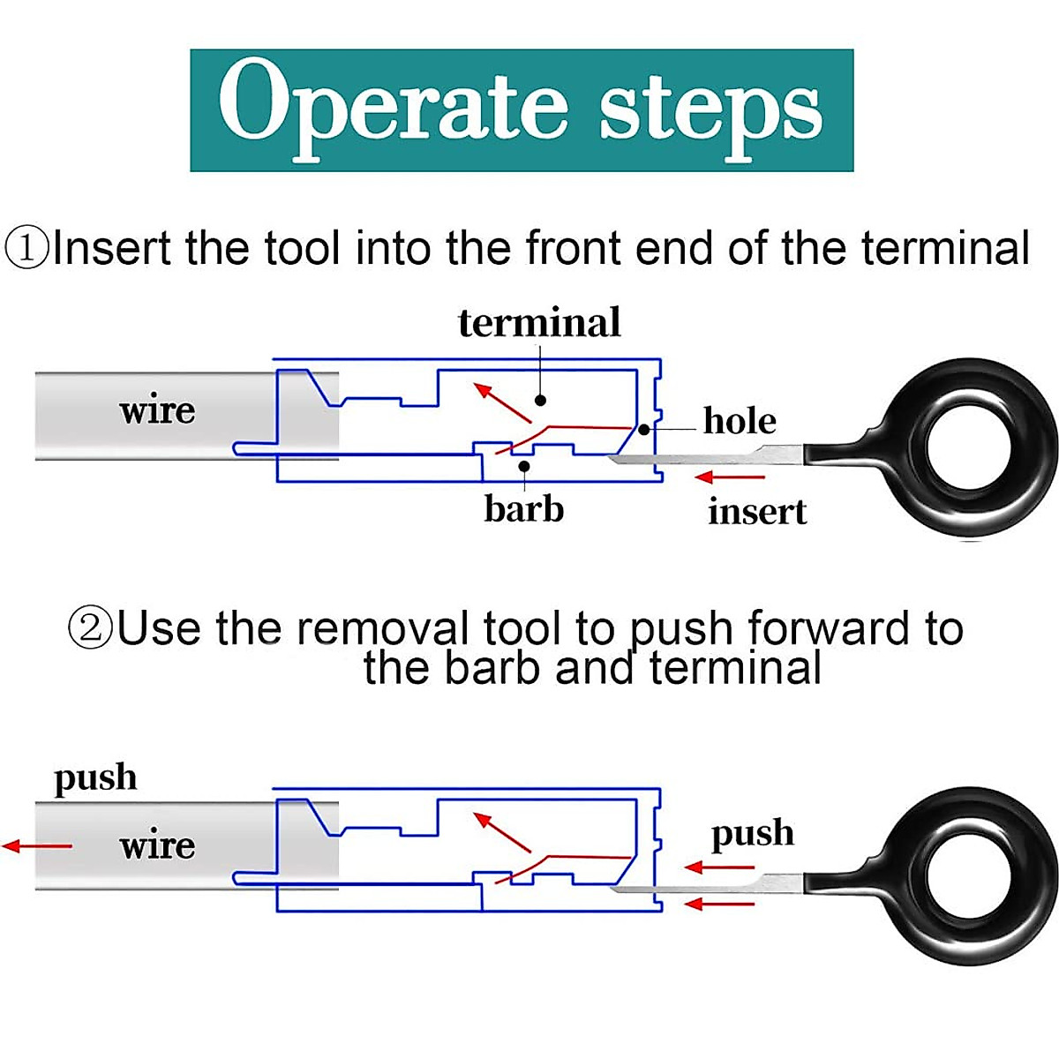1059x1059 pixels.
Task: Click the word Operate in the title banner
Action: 393,109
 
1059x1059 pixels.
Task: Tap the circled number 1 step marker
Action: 26,248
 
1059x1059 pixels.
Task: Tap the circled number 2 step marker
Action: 90,629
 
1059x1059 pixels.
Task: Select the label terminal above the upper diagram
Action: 539,323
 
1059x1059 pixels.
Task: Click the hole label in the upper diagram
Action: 740,421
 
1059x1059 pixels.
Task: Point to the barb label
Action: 523,508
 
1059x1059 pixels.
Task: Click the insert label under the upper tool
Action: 757,511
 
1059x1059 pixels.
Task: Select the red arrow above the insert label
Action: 730,477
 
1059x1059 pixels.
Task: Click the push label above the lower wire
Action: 95,779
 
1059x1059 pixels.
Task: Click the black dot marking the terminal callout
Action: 541,401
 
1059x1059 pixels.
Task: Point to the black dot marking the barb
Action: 524,466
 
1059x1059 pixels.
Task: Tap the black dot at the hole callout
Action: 644,429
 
